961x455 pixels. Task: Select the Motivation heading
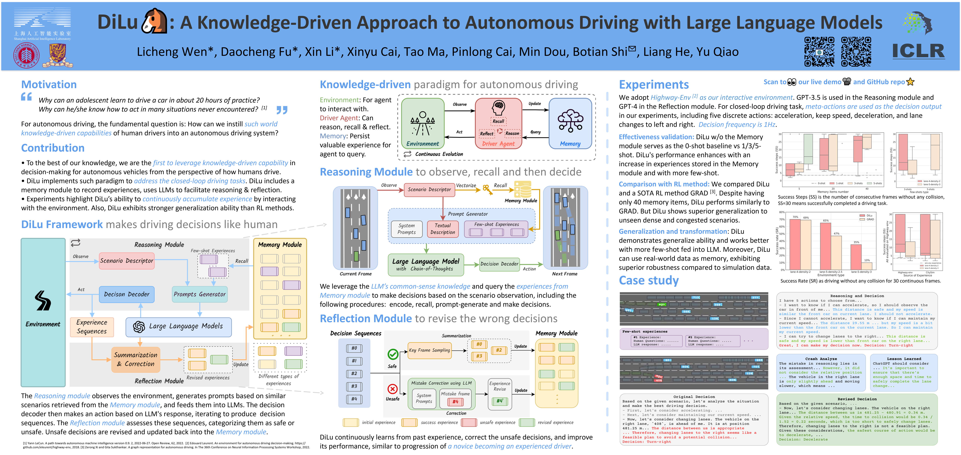point(49,85)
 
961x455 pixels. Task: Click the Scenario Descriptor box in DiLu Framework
point(127,261)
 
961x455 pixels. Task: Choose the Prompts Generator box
point(200,294)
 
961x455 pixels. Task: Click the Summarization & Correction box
point(136,359)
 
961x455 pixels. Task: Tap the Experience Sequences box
point(92,327)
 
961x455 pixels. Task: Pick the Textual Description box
point(443,229)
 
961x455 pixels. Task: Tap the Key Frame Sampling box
point(429,350)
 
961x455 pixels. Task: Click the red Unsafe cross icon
point(392,389)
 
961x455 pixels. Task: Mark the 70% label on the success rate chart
point(795,217)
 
